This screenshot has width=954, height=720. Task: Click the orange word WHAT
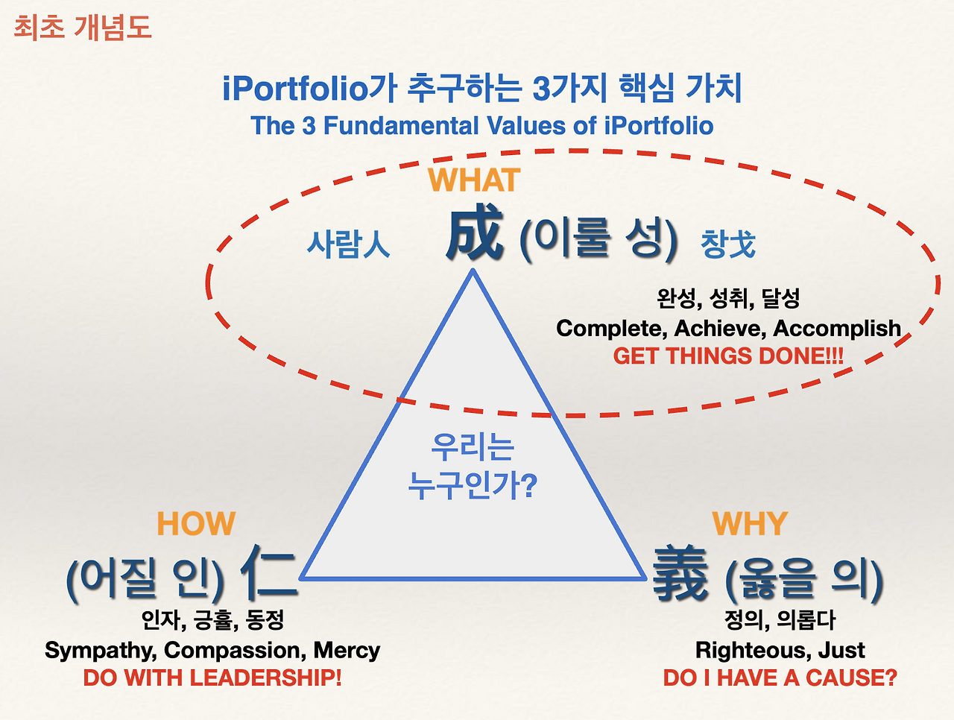[x=474, y=181]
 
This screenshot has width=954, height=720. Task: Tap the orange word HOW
[x=196, y=524]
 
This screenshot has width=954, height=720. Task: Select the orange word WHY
[x=750, y=524]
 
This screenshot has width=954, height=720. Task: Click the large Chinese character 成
[x=475, y=234]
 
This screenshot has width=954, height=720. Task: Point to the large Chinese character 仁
[x=268, y=573]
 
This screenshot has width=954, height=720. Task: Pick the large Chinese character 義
[x=680, y=574]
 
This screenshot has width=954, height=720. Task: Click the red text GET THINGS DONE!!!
[x=728, y=356]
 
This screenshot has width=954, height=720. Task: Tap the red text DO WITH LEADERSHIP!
[x=212, y=678]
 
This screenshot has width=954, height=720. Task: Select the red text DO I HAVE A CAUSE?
[x=780, y=678]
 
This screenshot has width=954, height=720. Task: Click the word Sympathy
[x=100, y=651]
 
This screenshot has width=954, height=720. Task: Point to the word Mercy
[x=347, y=650]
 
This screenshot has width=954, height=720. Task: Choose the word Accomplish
[x=837, y=329]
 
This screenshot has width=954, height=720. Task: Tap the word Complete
[x=611, y=329]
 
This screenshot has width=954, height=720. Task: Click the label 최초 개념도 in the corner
[x=83, y=28]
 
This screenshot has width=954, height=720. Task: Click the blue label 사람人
[x=349, y=244]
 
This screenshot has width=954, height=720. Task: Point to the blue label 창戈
[x=728, y=244]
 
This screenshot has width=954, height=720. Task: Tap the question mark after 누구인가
[x=528, y=486]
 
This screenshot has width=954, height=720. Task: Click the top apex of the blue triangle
[x=473, y=271]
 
